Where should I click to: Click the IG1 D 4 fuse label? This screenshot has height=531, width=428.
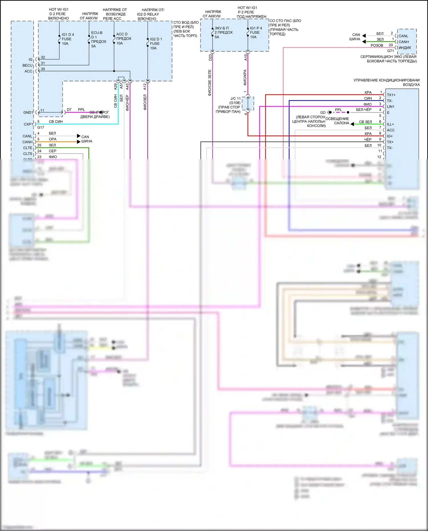68,39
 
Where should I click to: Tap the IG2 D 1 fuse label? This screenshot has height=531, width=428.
156,43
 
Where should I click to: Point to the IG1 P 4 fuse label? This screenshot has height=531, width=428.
256,32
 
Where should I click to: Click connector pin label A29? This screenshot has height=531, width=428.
116,86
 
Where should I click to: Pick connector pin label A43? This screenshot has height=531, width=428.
127,86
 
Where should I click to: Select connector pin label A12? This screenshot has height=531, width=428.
145,86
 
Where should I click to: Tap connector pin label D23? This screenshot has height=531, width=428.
210,57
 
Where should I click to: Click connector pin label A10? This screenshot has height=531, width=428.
246,57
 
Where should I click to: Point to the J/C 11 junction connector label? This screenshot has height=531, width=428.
235,98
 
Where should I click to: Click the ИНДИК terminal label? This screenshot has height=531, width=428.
405,48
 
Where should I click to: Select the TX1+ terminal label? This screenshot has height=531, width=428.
391,95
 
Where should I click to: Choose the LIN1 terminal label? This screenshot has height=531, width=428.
391,107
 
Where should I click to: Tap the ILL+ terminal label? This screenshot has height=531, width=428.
390,124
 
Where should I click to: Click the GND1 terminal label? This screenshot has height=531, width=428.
28,112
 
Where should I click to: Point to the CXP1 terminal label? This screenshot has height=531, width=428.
28,124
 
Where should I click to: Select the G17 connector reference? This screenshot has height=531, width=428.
41,128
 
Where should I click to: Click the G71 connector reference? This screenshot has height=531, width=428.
390,51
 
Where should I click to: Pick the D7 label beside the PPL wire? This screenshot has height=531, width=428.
69,110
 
